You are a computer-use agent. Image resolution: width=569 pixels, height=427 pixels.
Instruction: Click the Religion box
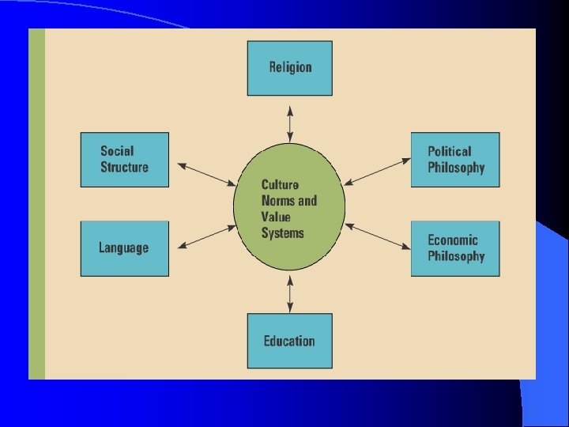tap(290, 69)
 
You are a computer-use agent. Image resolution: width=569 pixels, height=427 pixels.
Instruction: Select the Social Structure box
tap(125, 160)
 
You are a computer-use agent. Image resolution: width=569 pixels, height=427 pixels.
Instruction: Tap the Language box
tap(125, 248)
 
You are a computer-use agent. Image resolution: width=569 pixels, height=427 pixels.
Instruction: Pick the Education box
tap(290, 341)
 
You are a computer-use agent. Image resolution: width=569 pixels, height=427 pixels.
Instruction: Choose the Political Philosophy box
tap(455, 160)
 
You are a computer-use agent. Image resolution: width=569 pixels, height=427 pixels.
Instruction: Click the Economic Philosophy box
tap(455, 248)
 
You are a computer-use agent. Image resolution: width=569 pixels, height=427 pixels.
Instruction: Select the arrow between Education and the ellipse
tap(290, 293)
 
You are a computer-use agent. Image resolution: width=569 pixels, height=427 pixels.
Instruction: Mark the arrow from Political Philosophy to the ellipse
tap(378, 172)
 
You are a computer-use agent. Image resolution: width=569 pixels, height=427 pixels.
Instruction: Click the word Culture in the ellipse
tap(280, 185)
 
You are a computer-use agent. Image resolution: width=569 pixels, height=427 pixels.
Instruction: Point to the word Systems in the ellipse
tap(282, 233)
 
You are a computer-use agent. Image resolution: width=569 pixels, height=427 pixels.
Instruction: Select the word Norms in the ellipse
tap(276, 201)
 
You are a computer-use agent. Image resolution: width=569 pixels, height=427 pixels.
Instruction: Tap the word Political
tap(449, 151)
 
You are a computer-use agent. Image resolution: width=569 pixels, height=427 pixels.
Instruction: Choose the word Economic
tap(453, 240)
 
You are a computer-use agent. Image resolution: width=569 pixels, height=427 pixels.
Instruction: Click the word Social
tap(117, 151)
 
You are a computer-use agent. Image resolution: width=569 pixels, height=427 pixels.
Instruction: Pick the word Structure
tap(124, 168)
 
